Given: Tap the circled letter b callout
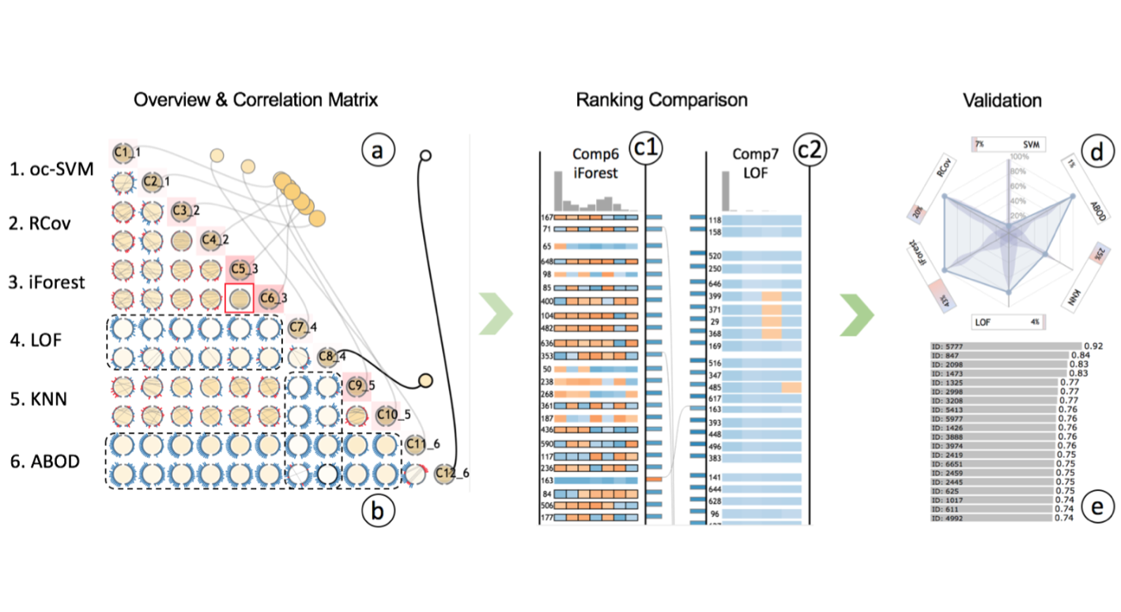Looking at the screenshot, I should (378, 512).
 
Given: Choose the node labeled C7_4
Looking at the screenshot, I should (298, 327).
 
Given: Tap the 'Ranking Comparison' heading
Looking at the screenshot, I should (661, 100).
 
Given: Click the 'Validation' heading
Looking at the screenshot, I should (1002, 100).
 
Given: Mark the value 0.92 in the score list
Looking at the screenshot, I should (1093, 346).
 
